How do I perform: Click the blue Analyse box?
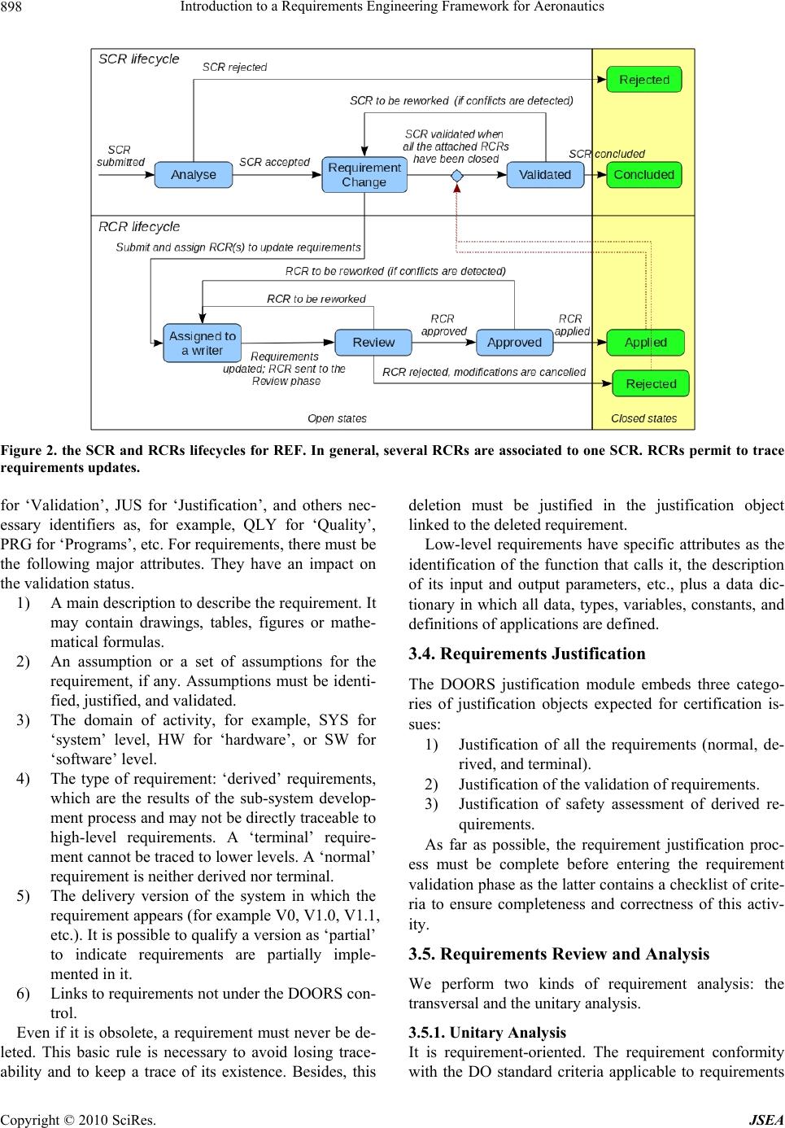[194, 175]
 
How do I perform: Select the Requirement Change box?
[364, 175]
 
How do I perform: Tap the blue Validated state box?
[545, 175]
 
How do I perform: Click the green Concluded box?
[643, 175]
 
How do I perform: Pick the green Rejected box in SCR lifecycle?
[643, 80]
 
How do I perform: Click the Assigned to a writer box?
[203, 343]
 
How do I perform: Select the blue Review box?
[373, 343]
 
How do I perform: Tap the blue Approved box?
[514, 343]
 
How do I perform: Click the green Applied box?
[645, 343]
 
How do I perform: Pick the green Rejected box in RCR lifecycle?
[651, 383]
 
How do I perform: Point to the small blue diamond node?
[457, 176]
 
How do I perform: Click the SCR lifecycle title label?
[139, 59]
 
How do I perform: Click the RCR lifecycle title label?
[139, 227]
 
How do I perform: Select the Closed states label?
[643, 418]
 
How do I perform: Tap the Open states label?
[337, 418]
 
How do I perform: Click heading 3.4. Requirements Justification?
[527, 654]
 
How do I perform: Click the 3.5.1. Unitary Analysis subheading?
[487, 1033]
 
